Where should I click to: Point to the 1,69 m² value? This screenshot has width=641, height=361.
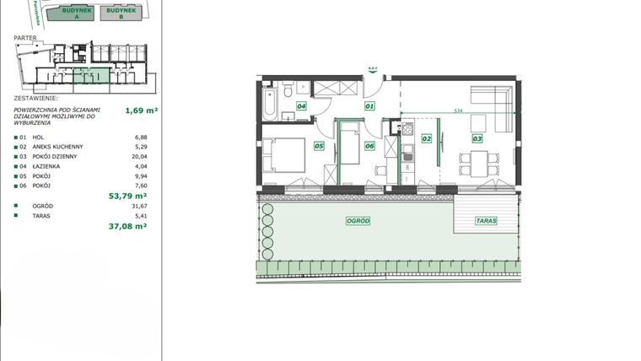point(142,110)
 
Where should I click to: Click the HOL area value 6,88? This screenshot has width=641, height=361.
point(141,137)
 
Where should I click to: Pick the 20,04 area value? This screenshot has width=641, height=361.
point(139,156)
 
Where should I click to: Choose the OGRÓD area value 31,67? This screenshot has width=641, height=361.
point(139,206)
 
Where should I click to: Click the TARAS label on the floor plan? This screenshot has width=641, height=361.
point(485,221)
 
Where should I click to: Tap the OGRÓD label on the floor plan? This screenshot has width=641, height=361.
point(358,221)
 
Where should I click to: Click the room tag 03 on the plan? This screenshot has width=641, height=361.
point(477,138)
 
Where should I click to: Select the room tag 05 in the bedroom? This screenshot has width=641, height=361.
point(319,146)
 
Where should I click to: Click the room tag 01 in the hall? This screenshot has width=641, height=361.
point(369,107)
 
